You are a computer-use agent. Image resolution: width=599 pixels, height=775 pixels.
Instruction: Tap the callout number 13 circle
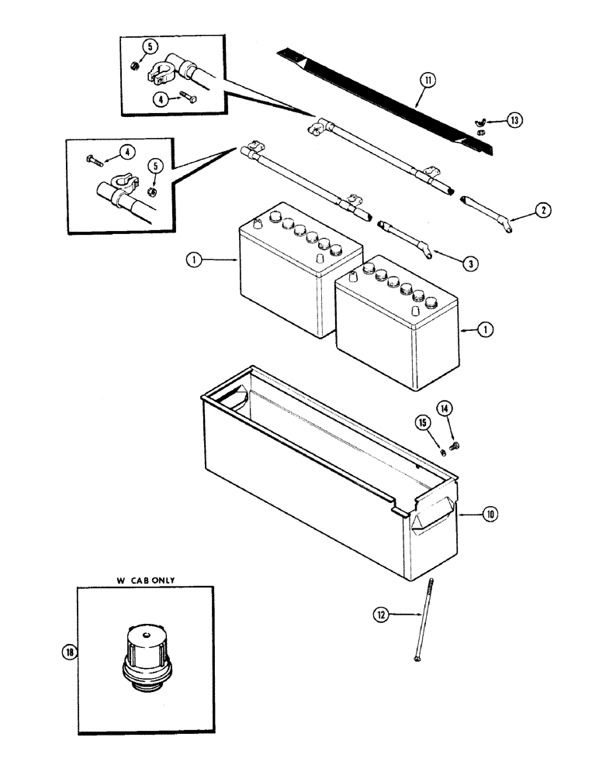tap(514, 120)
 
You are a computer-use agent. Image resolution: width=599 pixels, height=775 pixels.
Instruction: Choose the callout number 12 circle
tap(381, 615)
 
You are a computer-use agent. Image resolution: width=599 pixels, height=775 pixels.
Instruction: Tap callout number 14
tap(444, 408)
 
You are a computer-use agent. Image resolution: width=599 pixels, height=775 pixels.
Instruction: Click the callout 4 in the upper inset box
tap(159, 99)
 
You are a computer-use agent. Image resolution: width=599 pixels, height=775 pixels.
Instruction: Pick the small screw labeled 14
tap(455, 445)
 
